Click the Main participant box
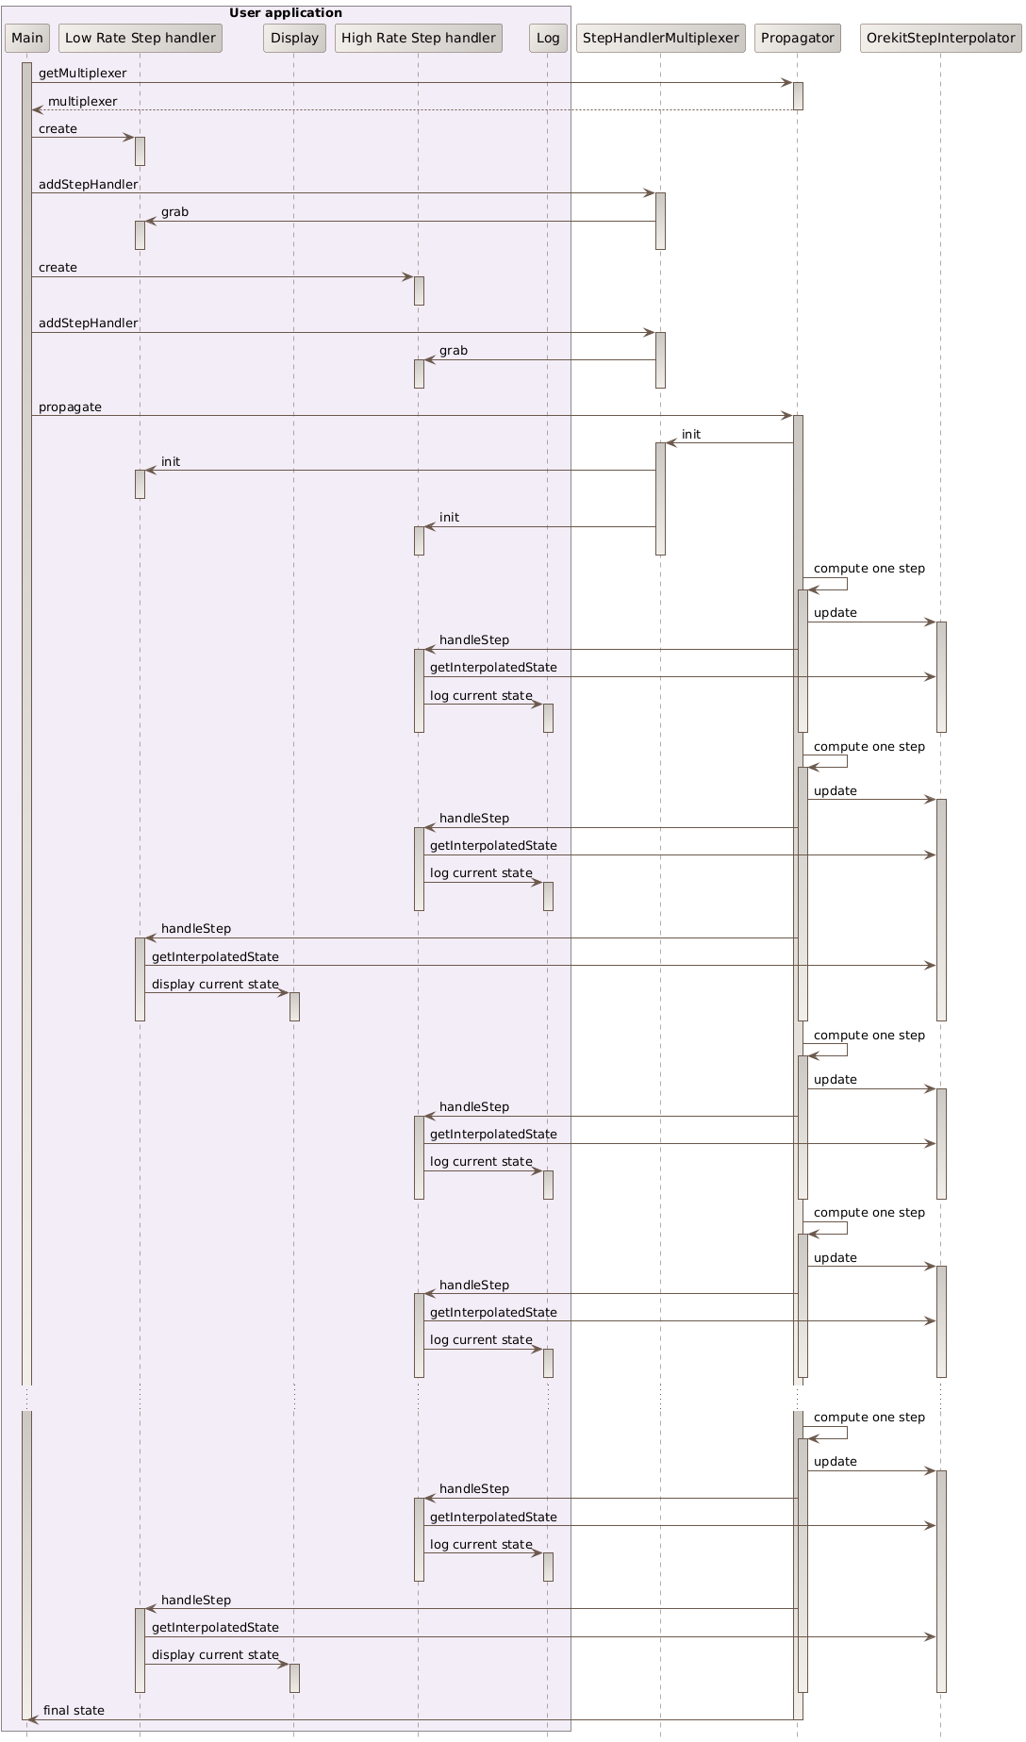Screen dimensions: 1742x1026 [26, 38]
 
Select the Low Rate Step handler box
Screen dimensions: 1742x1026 [140, 38]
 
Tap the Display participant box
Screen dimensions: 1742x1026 [294, 38]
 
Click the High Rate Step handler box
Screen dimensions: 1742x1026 [418, 38]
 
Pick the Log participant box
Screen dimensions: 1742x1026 [547, 38]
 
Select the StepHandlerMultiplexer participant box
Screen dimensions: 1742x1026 [660, 38]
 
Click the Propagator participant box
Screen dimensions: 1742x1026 [797, 38]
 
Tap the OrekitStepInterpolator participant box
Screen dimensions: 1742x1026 [939, 38]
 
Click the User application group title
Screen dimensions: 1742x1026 [286, 12]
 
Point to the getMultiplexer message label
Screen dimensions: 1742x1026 [82, 73]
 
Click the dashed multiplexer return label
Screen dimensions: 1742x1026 [82, 101]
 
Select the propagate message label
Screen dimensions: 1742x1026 [70, 406]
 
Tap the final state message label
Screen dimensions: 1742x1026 [74, 1710]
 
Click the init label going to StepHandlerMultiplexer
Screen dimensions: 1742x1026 [690, 434]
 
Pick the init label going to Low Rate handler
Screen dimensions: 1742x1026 [170, 461]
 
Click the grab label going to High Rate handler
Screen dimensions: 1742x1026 [453, 350]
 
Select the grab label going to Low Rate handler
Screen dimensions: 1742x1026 [174, 211]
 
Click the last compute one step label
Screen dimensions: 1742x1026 [869, 1417]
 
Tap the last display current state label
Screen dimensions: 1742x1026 [215, 1654]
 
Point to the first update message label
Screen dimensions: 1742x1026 [835, 612]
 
